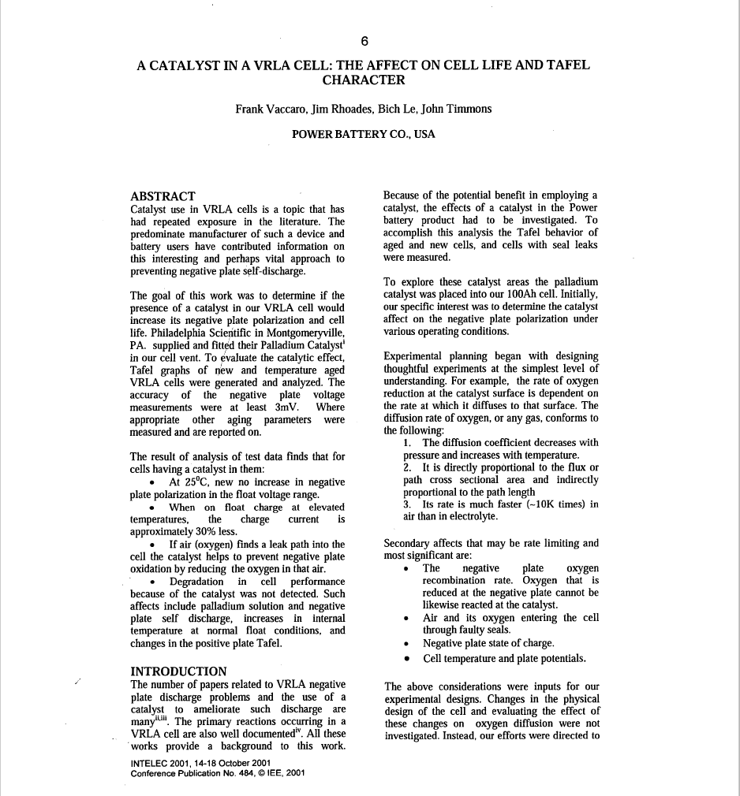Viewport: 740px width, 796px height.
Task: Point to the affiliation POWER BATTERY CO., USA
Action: (x=363, y=134)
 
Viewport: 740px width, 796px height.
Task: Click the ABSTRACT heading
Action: (x=163, y=196)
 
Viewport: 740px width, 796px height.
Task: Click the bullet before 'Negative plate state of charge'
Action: (x=406, y=643)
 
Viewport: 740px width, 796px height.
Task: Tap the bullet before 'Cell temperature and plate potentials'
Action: (x=406, y=659)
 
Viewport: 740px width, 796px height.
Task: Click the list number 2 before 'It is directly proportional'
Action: (x=406, y=467)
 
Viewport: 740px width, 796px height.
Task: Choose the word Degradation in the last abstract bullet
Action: (x=197, y=582)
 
